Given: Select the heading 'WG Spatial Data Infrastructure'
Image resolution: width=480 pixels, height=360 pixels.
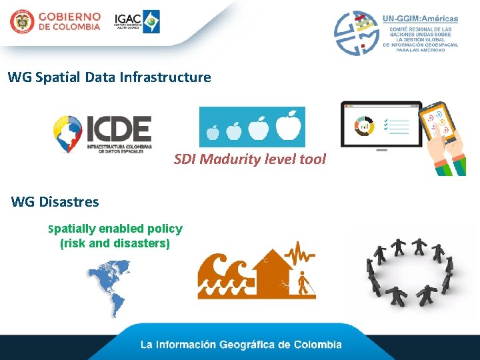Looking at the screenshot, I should [109, 77].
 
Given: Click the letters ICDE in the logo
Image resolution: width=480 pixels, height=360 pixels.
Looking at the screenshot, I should [119, 129].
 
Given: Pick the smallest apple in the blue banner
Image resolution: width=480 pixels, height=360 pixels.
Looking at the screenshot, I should [213, 132].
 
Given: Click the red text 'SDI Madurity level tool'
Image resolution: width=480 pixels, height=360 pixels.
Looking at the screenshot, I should [250, 159].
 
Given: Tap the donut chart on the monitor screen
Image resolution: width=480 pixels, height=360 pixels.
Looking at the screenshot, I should [365, 126].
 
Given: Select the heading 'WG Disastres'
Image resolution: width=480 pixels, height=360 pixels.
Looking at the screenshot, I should [55, 202].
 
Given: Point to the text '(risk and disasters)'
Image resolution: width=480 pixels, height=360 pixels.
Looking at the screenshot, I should [115, 243].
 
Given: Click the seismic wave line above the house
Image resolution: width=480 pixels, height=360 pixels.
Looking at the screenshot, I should [299, 254].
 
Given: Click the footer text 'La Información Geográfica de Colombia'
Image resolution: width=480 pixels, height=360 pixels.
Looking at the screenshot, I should [241, 345].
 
